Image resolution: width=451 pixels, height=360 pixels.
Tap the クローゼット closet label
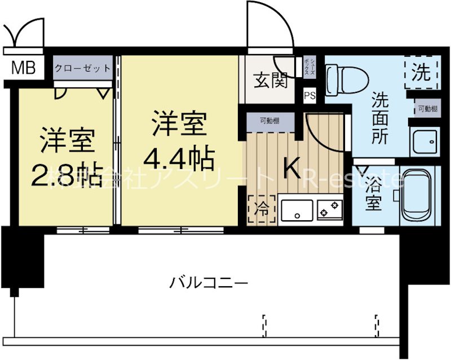click(82, 69)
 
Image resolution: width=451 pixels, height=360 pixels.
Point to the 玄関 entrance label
click(270, 81)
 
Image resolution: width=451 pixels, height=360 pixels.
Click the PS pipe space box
click(309, 95)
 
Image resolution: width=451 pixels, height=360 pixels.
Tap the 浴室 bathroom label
click(373, 194)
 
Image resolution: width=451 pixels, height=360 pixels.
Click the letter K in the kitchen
click(292, 167)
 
